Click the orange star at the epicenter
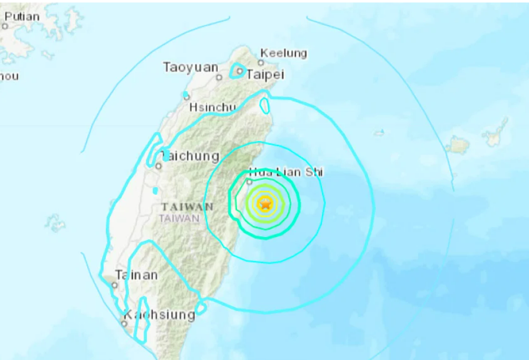[x=265, y=204]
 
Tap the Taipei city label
[x=265, y=75]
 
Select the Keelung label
[x=284, y=53]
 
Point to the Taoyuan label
[x=190, y=67]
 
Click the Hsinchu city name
[x=212, y=108]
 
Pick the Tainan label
[x=136, y=275]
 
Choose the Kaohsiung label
[x=159, y=315]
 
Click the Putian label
[x=22, y=16]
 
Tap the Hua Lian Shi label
[x=285, y=172]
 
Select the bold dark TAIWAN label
[x=187, y=207]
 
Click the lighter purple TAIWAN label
[x=179, y=218]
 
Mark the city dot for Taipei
[x=240, y=71]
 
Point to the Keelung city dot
[x=261, y=63]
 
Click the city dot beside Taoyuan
[x=219, y=77]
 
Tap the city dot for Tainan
[x=115, y=285]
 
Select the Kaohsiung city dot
[x=124, y=324]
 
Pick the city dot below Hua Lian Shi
[x=249, y=182]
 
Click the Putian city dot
[x=5, y=26]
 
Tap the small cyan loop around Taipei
[x=237, y=71]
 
